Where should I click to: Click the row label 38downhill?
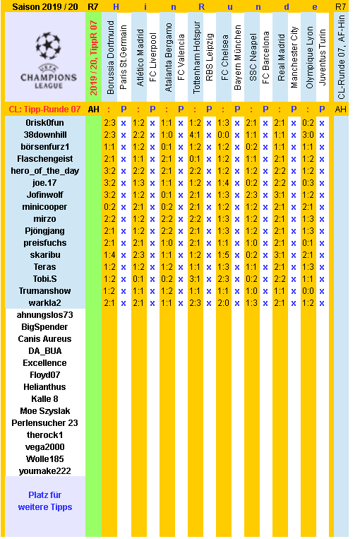click(44, 134)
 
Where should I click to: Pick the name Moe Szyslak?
click(44, 411)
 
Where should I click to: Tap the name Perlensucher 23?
click(44, 423)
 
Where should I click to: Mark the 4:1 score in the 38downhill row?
click(195, 134)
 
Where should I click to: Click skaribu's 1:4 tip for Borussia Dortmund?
click(109, 255)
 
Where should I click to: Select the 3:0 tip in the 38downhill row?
click(308, 134)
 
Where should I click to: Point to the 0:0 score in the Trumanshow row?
click(308, 291)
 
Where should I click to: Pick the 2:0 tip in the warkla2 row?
click(223, 303)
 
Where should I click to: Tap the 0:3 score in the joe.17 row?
click(308, 182)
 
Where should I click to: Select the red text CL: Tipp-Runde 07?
click(44, 109)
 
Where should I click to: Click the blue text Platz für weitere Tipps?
click(44, 501)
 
